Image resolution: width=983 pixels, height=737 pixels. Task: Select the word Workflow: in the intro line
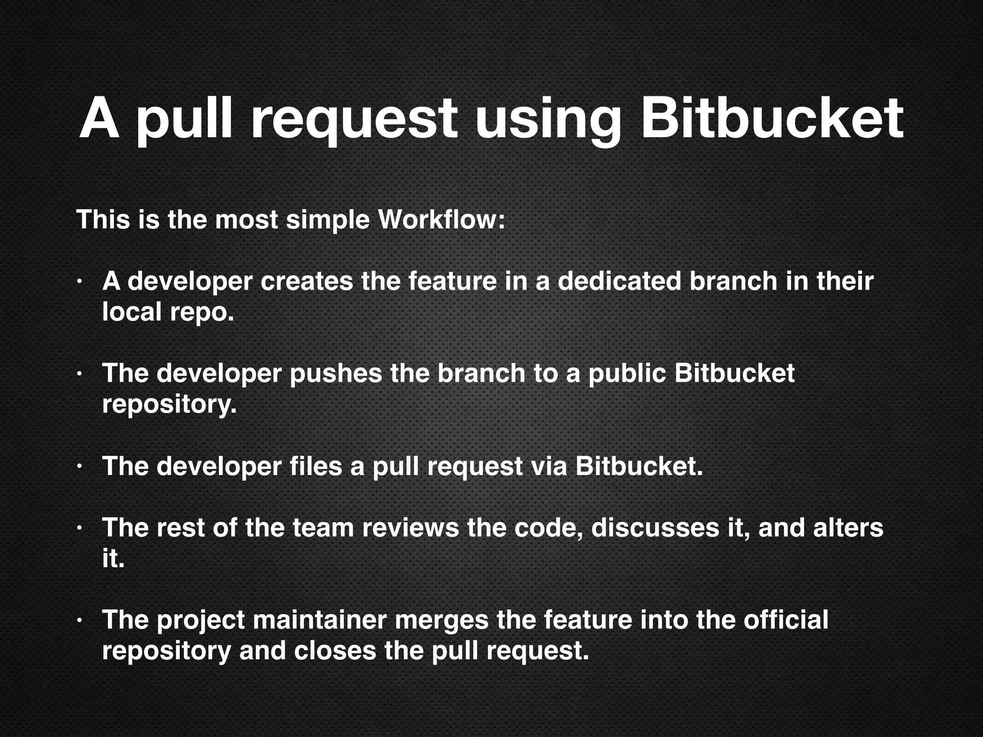442,220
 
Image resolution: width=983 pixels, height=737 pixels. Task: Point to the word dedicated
619,281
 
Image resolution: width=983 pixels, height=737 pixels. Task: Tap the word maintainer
319,620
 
